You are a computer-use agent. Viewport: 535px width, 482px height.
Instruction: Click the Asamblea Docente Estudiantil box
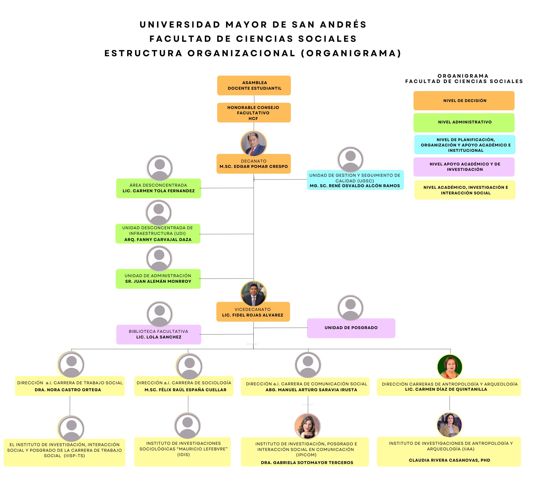(254, 85)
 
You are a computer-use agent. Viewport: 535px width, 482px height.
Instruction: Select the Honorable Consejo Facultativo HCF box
(254, 113)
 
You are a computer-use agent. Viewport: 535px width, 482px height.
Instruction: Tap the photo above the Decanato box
(254, 144)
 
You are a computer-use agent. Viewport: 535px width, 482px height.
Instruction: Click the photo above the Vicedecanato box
(254, 294)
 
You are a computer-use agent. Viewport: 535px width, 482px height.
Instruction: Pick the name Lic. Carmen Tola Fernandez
(159, 191)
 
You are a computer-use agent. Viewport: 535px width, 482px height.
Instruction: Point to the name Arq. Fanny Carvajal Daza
(158, 240)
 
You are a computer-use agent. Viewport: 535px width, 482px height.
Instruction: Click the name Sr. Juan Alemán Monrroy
(158, 281)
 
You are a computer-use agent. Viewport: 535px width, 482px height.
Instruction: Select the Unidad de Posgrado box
(351, 328)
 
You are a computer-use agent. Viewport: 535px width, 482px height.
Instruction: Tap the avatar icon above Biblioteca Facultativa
(160, 314)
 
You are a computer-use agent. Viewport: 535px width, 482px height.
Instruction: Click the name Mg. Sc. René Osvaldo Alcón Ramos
(355, 186)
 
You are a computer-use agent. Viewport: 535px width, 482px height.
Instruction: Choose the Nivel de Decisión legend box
(464, 101)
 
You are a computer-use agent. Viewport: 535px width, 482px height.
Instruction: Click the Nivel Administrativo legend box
(464, 123)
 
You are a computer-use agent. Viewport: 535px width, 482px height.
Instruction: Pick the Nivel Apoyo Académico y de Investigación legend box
(464, 167)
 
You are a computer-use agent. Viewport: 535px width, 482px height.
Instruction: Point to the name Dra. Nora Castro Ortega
(68, 390)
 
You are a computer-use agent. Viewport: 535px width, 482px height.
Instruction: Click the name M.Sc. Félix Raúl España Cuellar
(185, 390)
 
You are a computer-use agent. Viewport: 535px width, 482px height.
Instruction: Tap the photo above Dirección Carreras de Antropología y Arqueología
(450, 367)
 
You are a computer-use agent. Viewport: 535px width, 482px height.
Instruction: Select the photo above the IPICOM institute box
(307, 426)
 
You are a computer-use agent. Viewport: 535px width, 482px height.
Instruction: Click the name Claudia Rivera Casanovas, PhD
(449, 460)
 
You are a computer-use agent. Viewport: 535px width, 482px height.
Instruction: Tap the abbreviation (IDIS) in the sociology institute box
(184, 455)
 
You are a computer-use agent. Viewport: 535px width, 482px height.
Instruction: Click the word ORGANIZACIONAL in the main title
(241, 53)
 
